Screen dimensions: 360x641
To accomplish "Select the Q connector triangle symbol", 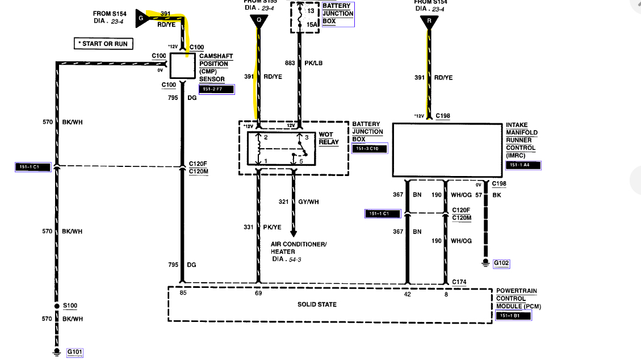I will click(x=259, y=21).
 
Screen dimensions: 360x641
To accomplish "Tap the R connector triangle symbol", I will click(x=429, y=22).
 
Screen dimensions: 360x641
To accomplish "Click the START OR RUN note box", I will click(x=104, y=44).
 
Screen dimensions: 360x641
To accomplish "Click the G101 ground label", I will click(x=74, y=352).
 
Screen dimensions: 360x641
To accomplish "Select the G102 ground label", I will click(x=501, y=263).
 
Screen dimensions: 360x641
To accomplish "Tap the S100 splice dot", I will click(x=57, y=306).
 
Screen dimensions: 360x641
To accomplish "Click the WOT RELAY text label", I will click(x=329, y=138).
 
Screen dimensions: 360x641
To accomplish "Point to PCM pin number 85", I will click(x=183, y=294).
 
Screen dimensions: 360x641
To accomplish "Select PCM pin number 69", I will click(x=259, y=294).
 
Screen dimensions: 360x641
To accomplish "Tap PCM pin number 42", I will click(x=407, y=294).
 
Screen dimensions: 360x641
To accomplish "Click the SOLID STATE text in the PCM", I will click(x=317, y=304).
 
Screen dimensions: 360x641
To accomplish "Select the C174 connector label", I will click(x=459, y=282).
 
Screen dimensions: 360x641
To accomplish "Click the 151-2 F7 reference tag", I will click(x=216, y=89).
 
